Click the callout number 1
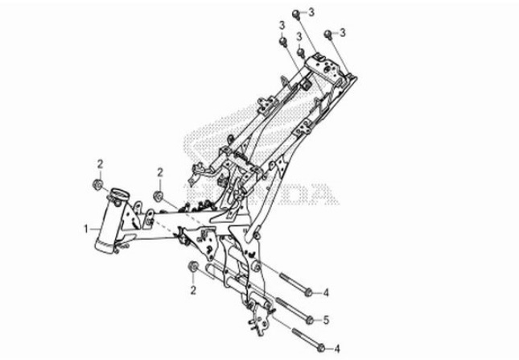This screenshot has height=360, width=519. pos(85,229)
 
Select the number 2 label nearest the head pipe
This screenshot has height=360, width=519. pos(101,164)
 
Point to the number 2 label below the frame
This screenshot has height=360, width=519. pos(194,288)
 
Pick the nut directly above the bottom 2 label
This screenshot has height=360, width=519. pos(193,267)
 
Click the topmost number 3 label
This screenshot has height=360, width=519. pos(313,10)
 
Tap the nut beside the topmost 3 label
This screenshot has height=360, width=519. pos(296,12)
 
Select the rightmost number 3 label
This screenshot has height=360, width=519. pos(342,32)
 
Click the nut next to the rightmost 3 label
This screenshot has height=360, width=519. pos(327,34)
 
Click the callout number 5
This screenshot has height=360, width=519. pos(327,320)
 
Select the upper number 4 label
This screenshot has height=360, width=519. pos(327,292)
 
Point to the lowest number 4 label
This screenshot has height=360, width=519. pos(338,349)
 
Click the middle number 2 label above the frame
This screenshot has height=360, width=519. pos(159,172)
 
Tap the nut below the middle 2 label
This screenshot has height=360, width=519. pos(158,195)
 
